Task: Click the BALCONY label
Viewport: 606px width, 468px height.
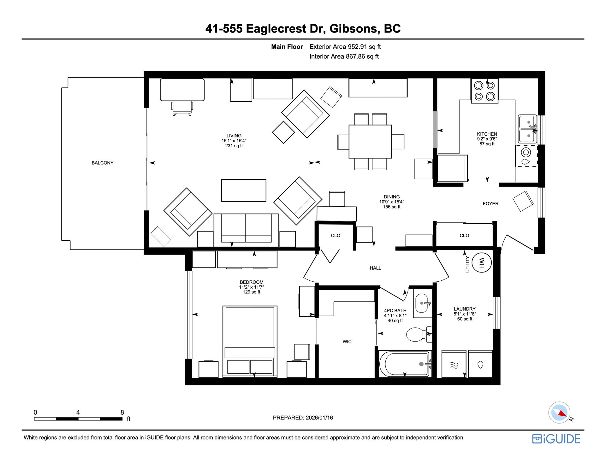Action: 102,163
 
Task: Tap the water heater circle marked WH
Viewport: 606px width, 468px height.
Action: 482,263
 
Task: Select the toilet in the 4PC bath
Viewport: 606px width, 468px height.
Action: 419,334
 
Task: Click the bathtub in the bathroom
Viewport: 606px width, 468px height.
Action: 405,364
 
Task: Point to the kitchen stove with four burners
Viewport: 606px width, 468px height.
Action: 484,91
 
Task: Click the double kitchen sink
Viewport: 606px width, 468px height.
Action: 527,129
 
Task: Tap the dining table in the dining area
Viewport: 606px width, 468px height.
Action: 370,142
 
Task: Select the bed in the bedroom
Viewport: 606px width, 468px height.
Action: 250,342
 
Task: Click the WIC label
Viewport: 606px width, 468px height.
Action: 347,342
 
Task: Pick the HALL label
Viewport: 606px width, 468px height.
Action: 375,268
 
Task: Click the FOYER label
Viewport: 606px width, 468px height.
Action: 490,204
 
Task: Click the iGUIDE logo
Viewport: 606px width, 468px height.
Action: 556,439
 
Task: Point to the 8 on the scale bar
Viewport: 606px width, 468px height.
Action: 122,412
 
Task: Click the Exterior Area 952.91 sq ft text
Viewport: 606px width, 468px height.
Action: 345,47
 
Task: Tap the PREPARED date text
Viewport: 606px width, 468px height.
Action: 303,418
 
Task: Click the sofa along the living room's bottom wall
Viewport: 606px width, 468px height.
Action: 246,230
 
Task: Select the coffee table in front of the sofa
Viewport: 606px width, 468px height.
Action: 244,190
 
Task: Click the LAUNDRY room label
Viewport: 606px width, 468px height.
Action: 465,309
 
